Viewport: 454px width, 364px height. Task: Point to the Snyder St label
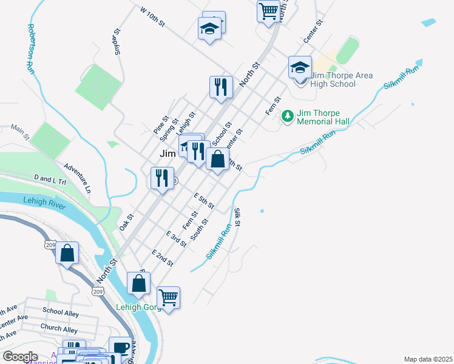pos(113,43)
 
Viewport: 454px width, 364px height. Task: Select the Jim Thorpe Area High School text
pos(342,79)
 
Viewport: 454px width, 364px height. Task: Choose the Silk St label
pos(237,217)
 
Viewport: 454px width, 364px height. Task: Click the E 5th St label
pos(203,201)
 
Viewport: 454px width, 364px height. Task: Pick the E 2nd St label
pos(163,258)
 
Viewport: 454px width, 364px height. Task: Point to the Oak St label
pos(126,221)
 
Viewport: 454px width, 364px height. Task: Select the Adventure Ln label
pos(77,178)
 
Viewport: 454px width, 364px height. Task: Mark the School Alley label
pos(61,311)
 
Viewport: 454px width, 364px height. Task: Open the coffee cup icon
pos(120,348)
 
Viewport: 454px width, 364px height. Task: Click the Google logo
pos(20,357)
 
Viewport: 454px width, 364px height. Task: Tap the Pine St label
pos(160,126)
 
